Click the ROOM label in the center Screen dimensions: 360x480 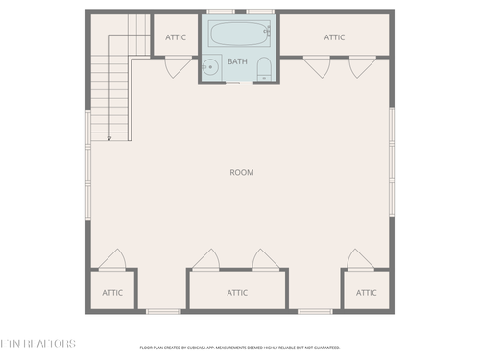click(241, 172)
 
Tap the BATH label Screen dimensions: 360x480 click(236, 60)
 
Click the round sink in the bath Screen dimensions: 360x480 click(210, 67)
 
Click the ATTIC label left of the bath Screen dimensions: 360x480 click(176, 37)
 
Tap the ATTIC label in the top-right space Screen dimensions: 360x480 click(334, 37)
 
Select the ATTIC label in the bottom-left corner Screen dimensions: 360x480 click(113, 292)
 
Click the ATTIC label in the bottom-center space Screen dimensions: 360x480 click(237, 292)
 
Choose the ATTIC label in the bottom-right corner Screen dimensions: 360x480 click(366, 292)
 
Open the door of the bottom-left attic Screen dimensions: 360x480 click(113, 259)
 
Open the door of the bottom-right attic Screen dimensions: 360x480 click(356, 259)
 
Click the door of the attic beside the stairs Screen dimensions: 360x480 click(177, 66)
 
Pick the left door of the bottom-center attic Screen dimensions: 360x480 click(204, 259)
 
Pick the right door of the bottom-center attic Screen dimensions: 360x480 click(264, 259)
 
